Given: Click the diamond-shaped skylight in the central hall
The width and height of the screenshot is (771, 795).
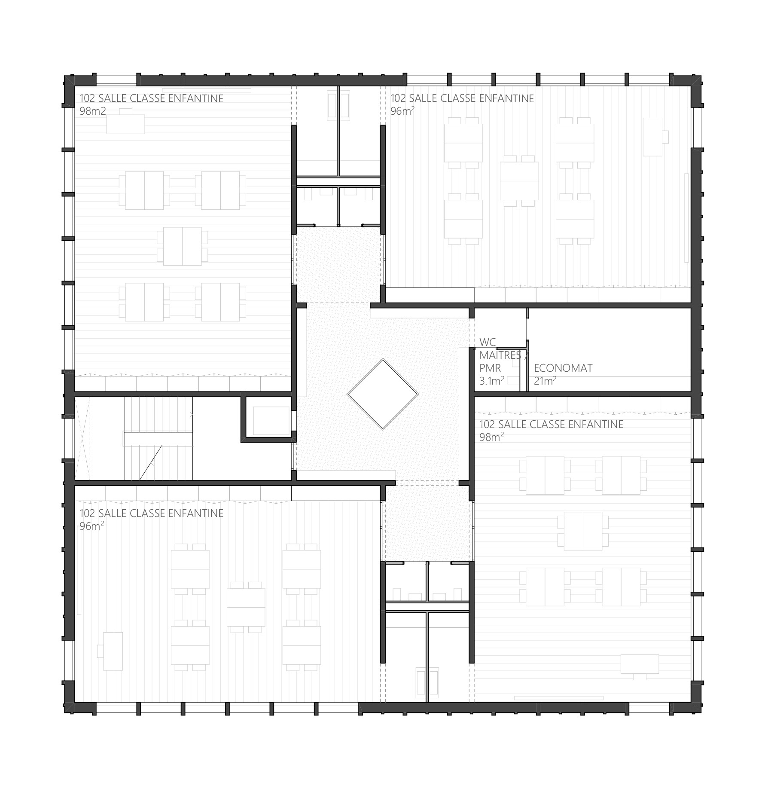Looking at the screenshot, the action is tap(382, 394).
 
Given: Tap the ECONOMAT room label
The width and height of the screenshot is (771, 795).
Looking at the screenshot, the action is tap(563, 368).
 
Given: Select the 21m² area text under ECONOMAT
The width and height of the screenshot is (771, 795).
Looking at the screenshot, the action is tap(545, 380).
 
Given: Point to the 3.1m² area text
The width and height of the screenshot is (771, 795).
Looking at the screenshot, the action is tap(492, 380).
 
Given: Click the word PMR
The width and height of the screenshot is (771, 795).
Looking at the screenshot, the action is tap(490, 368).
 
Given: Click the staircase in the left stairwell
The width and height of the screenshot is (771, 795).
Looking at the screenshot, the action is tap(158, 438).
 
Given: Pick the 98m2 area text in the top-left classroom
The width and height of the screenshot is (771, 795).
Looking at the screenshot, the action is tap(92, 111).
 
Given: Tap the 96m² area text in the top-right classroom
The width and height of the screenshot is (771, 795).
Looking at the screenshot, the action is tap(402, 111).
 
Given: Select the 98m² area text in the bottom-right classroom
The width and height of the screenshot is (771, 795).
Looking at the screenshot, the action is tap(491, 437).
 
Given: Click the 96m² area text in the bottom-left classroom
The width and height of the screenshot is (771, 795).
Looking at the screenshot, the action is tap(91, 526).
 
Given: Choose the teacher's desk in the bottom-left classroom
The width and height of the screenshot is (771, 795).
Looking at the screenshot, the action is tap(111, 651).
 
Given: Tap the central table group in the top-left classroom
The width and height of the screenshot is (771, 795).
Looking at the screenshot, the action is tap(182, 246).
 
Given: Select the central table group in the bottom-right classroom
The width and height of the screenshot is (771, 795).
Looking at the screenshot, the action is tap(583, 531).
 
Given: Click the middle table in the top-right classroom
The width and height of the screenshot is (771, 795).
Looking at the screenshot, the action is tap(519, 180).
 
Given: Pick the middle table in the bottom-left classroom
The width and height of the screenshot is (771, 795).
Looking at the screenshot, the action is tap(246, 607).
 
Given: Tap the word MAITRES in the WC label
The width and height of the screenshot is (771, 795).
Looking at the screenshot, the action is tap(500, 355).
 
